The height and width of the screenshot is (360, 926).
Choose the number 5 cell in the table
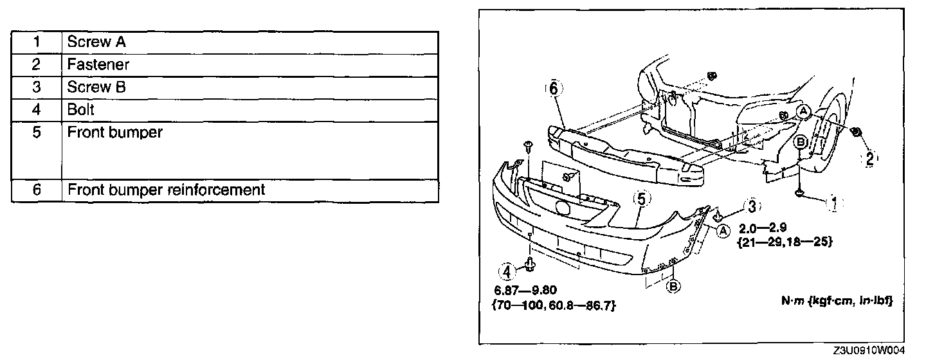(x=37, y=133)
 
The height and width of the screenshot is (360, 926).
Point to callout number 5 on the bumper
(x=641, y=199)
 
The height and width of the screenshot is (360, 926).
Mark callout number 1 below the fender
(x=834, y=204)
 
